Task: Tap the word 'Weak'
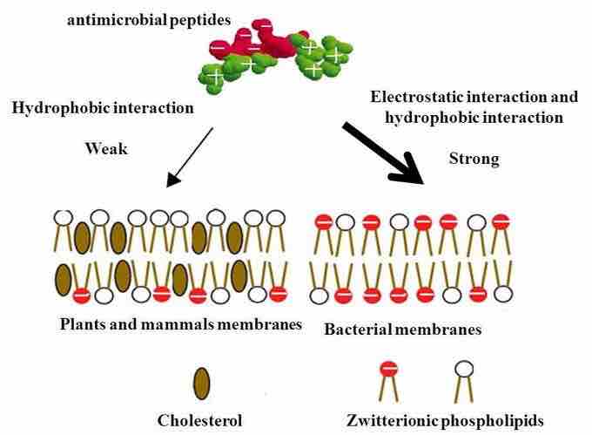tap(106, 148)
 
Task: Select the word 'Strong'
tap(474, 159)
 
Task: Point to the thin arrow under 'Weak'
tap(191, 158)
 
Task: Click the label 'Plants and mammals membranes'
tap(181, 324)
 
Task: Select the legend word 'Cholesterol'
tap(200, 419)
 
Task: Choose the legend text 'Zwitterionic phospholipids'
tap(443, 419)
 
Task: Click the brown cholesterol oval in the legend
tap(202, 382)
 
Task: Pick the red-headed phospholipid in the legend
tap(389, 376)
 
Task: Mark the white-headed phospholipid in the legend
tap(463, 376)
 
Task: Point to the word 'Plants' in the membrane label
tap(82, 324)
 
